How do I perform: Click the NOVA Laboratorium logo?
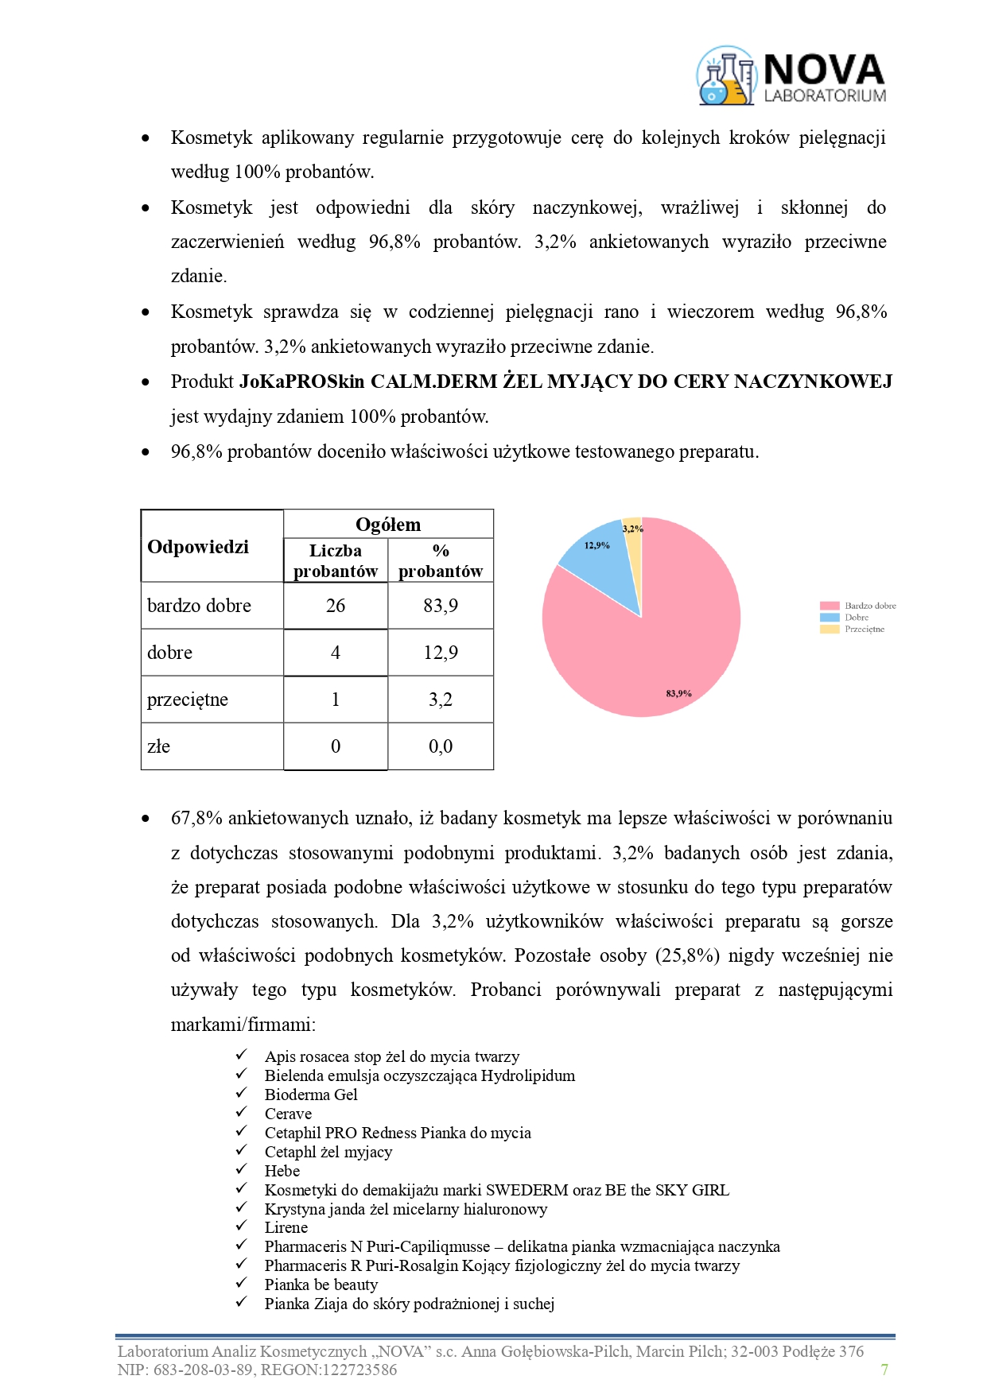tap(791, 77)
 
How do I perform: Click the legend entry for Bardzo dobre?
tap(858, 606)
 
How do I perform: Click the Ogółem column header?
tap(388, 525)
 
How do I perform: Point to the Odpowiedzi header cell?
tap(198, 547)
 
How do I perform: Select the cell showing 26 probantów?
tap(336, 606)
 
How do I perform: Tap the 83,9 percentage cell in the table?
tap(441, 606)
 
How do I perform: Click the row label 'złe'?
tap(159, 746)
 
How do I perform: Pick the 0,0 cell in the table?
tap(441, 746)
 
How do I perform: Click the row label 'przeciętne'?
tap(188, 699)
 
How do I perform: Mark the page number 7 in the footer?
tap(884, 1370)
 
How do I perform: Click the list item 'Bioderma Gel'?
tap(311, 1095)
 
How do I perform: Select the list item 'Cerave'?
tap(288, 1114)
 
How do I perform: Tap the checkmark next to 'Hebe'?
tap(242, 1169)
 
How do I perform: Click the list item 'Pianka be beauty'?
tap(321, 1285)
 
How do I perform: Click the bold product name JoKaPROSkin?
tap(301, 382)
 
